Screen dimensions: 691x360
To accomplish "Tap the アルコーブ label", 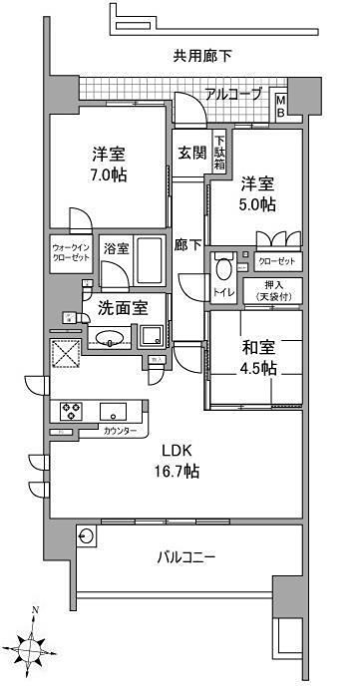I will pos(234,95).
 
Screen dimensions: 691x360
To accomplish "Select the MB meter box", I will pos(281,105).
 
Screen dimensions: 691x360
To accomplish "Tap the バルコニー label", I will pos(186,554).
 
